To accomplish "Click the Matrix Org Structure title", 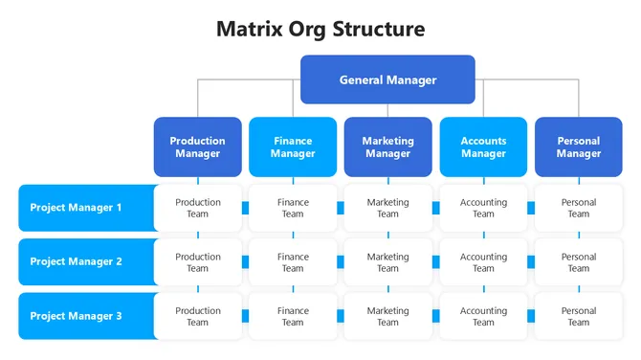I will (x=320, y=29).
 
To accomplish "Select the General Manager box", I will (x=387, y=79).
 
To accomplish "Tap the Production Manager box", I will (x=197, y=147).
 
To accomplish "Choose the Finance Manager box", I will (x=293, y=147).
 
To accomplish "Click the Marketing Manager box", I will (x=387, y=147).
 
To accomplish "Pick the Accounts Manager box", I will (x=483, y=147).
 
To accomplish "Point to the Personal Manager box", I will (x=578, y=147).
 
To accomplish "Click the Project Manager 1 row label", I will (x=86, y=208).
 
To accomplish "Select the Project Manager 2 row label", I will (x=86, y=262).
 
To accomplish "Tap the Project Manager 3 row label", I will (x=86, y=316).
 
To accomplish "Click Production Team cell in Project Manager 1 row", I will (x=198, y=208).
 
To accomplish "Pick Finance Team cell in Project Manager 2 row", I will (x=293, y=262).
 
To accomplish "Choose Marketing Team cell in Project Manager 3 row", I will (x=387, y=316).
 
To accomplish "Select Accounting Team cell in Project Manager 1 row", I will (x=483, y=208).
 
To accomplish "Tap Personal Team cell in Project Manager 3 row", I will (x=578, y=316).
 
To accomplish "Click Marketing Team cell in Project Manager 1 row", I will (x=387, y=208).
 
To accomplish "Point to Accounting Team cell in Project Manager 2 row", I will (x=483, y=262).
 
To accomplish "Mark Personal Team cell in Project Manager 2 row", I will (x=578, y=262).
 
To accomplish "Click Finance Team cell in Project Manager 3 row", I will (x=293, y=316).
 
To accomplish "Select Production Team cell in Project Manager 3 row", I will (x=198, y=316).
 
